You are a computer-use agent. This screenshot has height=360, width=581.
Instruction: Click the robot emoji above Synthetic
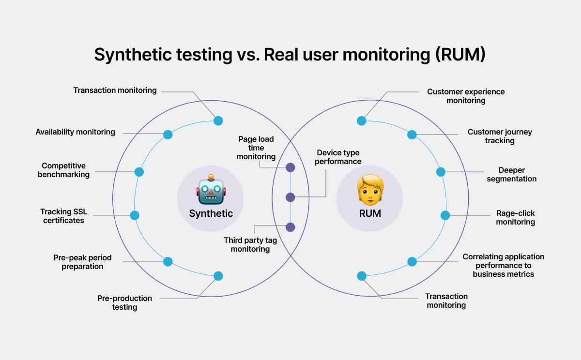(211, 189)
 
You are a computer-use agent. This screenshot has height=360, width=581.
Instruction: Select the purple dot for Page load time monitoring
(290, 167)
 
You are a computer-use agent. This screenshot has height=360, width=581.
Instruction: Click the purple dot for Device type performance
(290, 197)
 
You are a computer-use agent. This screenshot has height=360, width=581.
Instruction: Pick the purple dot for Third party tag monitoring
(290, 227)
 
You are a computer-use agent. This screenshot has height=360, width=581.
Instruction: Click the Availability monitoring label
(75, 132)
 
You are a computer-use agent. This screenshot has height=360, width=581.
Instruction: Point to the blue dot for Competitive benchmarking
(139, 172)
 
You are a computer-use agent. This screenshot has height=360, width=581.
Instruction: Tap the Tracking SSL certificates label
(63, 216)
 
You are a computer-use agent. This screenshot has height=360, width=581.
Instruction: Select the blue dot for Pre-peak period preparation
(168, 261)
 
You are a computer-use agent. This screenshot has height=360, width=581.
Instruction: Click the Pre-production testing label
(124, 302)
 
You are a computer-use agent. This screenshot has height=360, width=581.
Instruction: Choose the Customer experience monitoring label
(466, 96)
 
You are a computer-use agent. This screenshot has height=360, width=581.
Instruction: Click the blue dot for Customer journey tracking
(412, 135)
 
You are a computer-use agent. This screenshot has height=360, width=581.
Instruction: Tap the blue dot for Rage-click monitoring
(445, 215)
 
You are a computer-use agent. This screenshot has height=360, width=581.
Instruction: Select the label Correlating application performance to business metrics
(504, 265)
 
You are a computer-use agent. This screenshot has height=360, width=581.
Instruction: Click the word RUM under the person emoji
(370, 213)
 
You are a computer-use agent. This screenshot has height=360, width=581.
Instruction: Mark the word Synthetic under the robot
(211, 213)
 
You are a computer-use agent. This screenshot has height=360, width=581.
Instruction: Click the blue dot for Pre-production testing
(218, 276)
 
